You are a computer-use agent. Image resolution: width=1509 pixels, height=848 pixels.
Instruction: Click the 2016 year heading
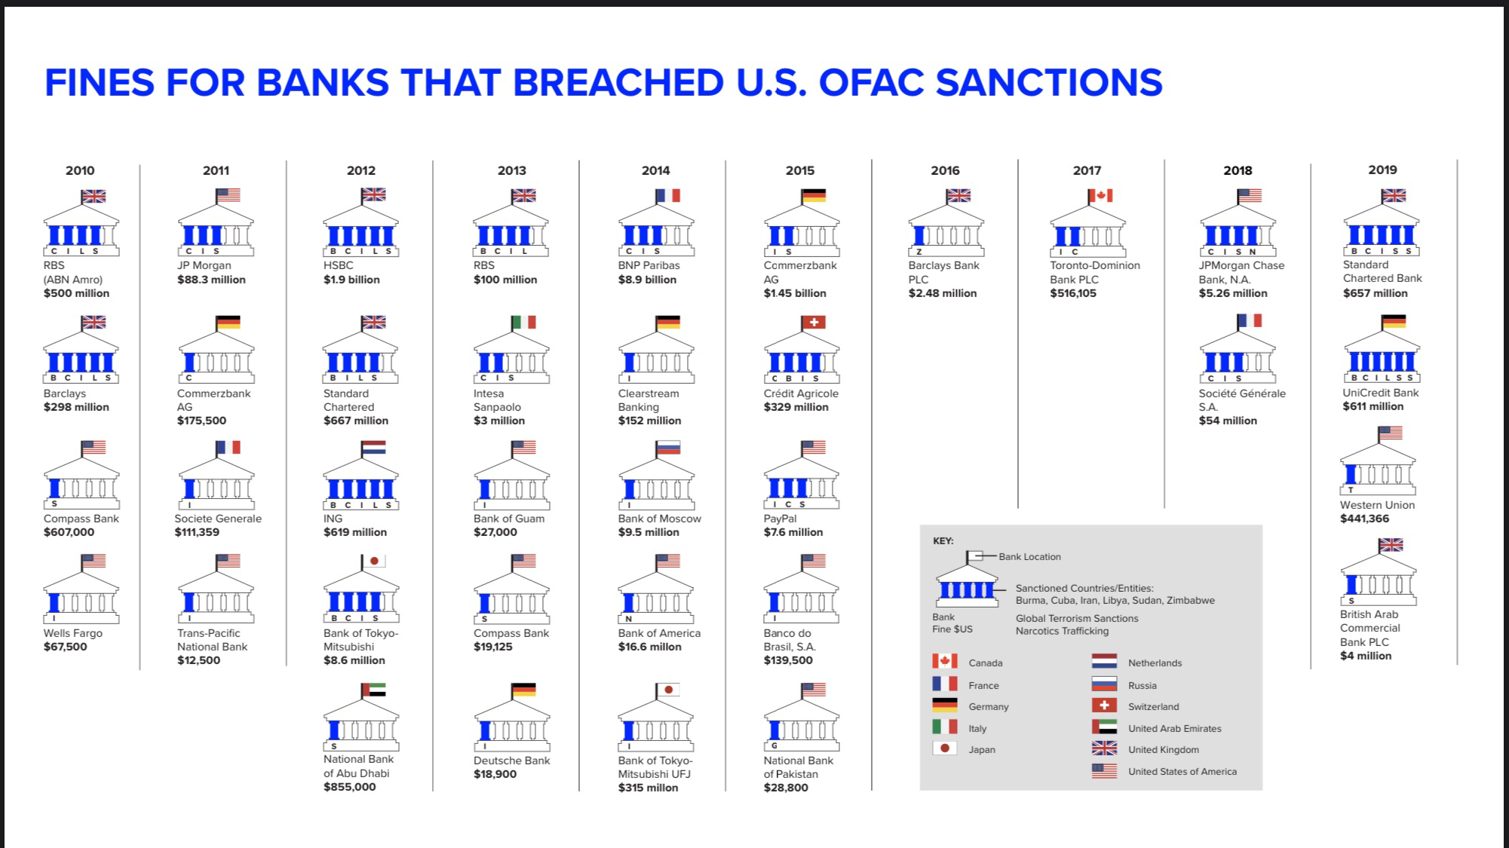(x=945, y=170)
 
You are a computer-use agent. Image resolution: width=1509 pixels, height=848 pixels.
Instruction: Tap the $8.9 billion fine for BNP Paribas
(x=646, y=280)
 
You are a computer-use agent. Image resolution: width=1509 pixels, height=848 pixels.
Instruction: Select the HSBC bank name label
(x=339, y=265)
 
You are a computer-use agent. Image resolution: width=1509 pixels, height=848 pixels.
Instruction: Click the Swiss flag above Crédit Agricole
(x=814, y=323)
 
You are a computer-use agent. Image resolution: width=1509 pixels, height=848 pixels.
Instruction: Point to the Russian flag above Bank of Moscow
(x=668, y=448)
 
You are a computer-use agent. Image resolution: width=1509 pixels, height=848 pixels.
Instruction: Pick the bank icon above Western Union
(x=1378, y=468)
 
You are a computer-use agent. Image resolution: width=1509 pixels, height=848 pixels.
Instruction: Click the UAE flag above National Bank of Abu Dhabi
(x=374, y=690)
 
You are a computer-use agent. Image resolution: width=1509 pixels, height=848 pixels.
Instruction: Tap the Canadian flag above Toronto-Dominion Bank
(x=1101, y=196)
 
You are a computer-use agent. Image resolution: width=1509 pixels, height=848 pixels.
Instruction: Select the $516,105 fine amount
(x=1073, y=293)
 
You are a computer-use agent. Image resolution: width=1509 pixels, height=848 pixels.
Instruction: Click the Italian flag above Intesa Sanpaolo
(x=524, y=323)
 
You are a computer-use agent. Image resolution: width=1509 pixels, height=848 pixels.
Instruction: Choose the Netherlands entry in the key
(x=1155, y=663)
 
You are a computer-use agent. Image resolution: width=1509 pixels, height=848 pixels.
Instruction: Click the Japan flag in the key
(x=945, y=749)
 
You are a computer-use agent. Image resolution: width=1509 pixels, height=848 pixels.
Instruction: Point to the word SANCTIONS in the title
(x=1049, y=82)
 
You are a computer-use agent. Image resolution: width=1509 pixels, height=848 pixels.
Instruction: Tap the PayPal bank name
(x=780, y=519)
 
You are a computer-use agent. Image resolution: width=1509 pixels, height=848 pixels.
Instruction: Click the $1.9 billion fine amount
(x=351, y=280)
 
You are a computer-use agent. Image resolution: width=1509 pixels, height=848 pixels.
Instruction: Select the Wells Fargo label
(x=72, y=633)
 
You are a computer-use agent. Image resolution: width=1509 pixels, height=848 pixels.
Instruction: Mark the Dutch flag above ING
(x=374, y=448)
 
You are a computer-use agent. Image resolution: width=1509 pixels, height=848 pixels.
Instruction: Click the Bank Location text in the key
(x=1029, y=557)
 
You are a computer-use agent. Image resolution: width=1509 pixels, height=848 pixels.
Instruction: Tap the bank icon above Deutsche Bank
(x=511, y=724)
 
